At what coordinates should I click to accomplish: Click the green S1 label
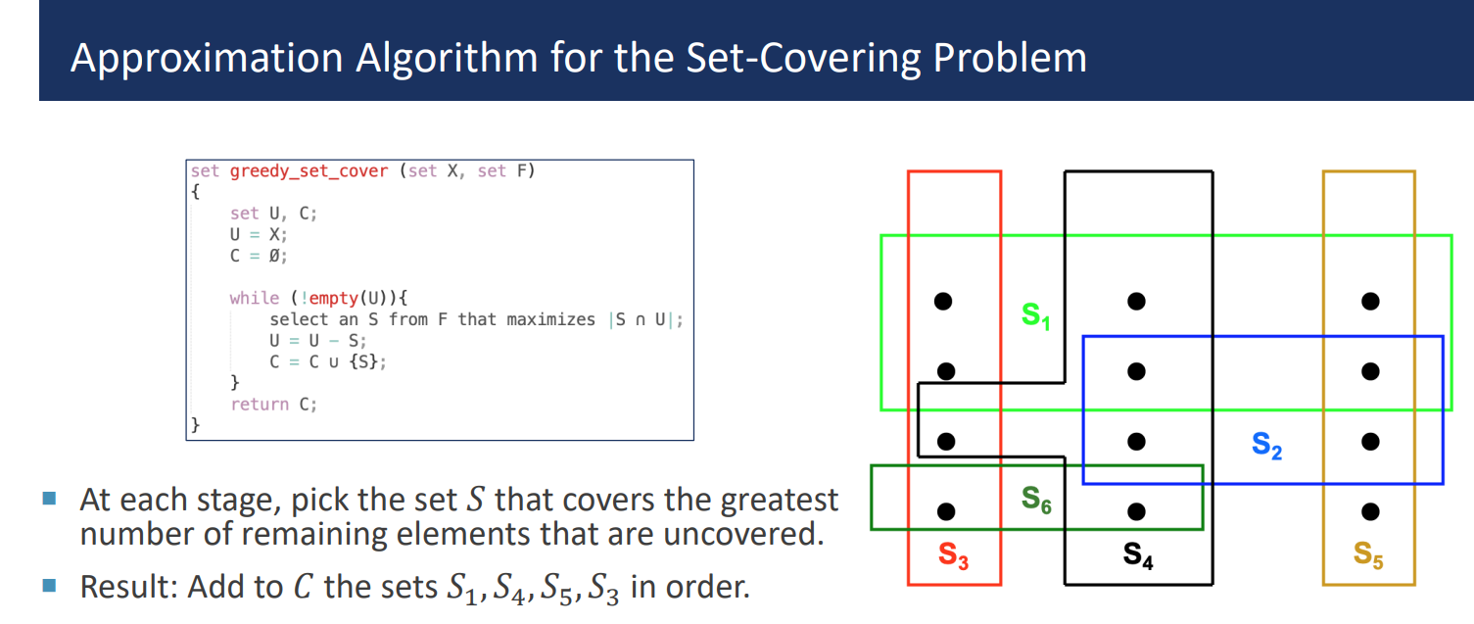[1035, 316]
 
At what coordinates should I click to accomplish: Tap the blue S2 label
[1266, 447]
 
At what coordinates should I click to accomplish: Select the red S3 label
[953, 555]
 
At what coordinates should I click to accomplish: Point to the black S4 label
[1138, 555]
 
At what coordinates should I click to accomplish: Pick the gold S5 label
[1368, 554]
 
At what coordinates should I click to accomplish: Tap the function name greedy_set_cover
[309, 171]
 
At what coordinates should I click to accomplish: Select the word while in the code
[254, 298]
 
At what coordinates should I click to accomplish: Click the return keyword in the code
[260, 404]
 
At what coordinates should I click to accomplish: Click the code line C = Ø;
[260, 256]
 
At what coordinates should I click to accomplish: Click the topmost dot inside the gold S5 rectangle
[1370, 301]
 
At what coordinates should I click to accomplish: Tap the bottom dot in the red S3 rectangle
[945, 510]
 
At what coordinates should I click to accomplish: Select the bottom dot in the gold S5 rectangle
[1370, 510]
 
